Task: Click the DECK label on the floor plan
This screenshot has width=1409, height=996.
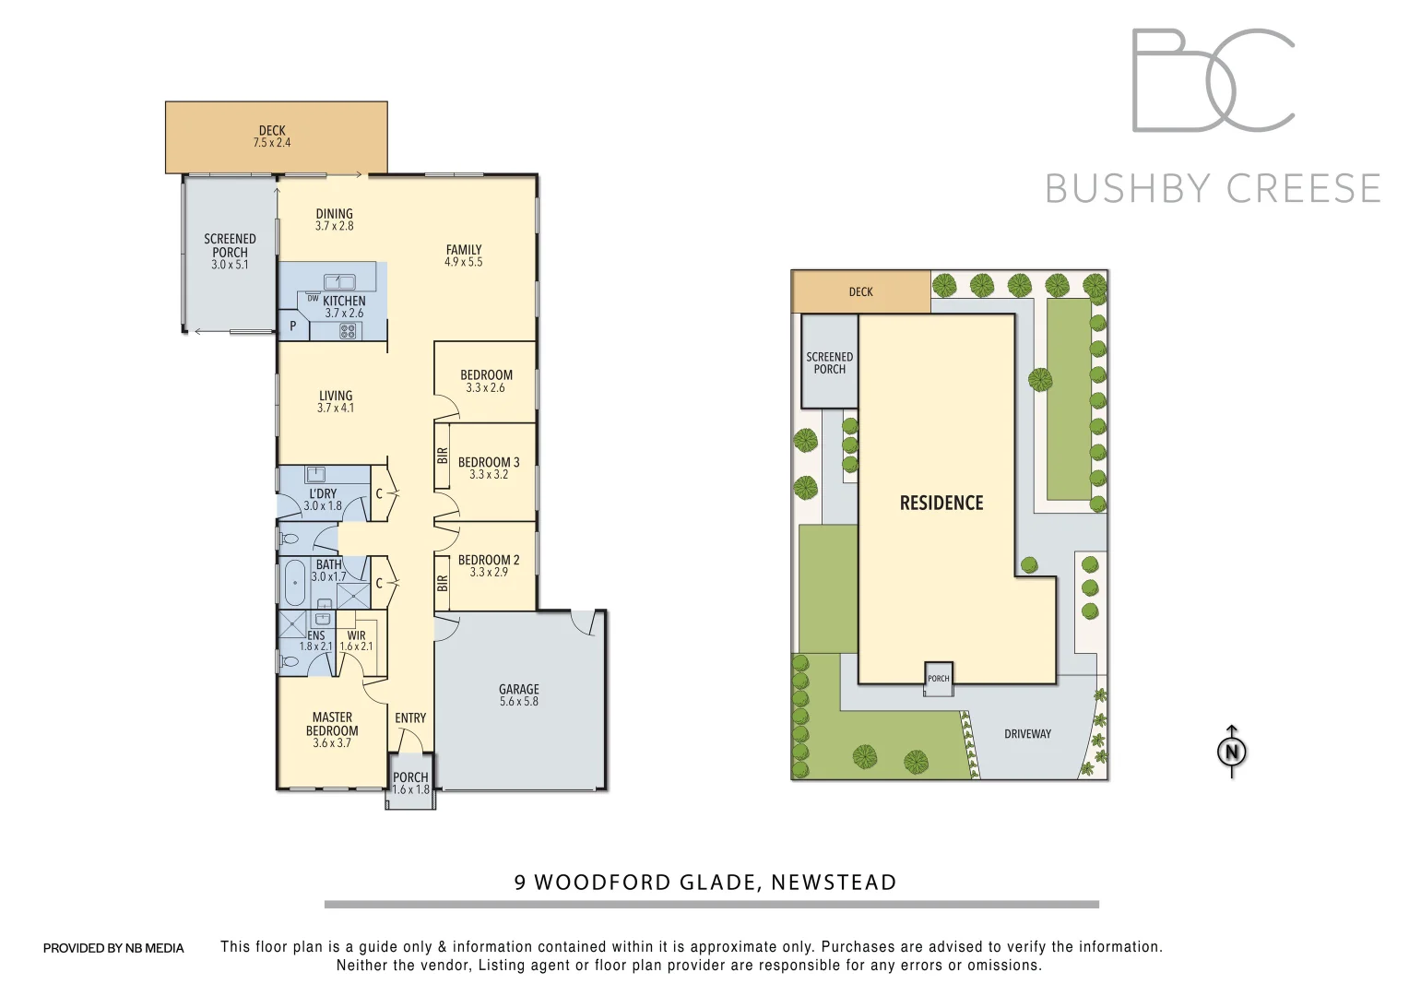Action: tap(272, 131)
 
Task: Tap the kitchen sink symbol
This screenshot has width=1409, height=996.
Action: tap(339, 281)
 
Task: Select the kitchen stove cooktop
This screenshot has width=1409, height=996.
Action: tap(348, 330)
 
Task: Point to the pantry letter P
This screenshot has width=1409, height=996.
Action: tap(293, 326)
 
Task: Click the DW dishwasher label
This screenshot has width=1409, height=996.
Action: tap(313, 298)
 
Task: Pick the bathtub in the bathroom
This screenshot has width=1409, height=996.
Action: tap(295, 582)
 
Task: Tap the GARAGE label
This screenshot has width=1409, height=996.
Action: tap(518, 689)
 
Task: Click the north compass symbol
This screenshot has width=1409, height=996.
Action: tap(1232, 752)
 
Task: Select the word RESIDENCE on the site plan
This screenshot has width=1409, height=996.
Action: tap(941, 503)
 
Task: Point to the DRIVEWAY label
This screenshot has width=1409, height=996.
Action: tap(1027, 734)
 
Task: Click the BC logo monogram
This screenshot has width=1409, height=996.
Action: tap(1213, 80)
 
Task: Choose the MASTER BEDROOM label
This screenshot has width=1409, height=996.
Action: tap(332, 724)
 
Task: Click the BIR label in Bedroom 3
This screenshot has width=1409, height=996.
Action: tap(443, 456)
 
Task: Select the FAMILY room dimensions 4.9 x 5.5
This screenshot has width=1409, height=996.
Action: tap(463, 262)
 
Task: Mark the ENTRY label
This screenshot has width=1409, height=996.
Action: tap(410, 718)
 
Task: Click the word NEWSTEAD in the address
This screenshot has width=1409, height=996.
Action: tap(834, 883)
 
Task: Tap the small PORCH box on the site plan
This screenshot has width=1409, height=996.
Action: tap(939, 679)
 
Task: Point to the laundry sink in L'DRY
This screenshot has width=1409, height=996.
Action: tap(315, 474)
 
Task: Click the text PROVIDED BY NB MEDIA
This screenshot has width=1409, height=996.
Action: tap(113, 948)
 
